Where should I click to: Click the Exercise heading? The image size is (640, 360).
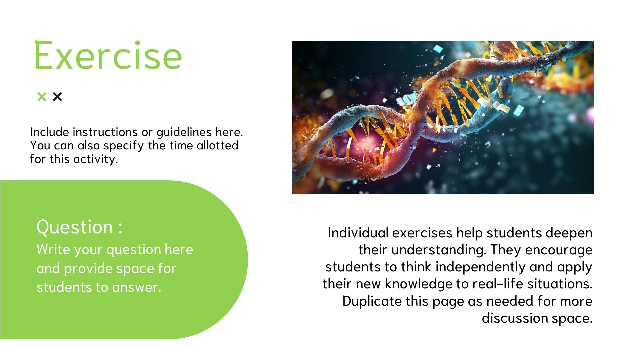click(x=108, y=55)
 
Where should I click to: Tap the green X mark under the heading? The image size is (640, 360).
click(x=42, y=97)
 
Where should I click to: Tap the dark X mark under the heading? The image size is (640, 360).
click(x=57, y=97)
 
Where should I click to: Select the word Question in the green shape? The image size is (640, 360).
click(x=75, y=227)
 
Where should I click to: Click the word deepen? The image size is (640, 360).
click(x=569, y=233)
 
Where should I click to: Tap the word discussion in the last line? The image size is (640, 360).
click(x=515, y=318)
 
